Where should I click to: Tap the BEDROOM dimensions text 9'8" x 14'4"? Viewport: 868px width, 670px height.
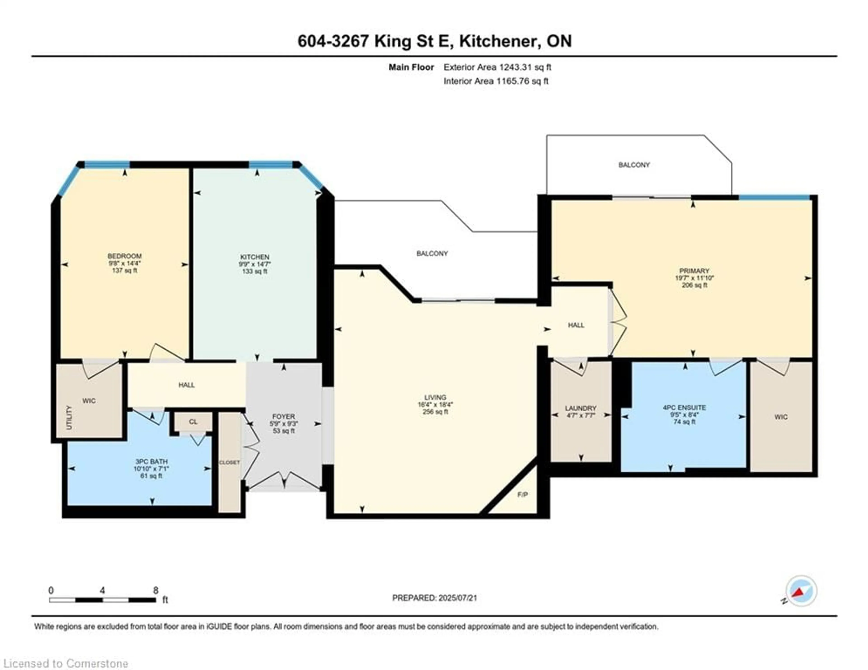(124, 263)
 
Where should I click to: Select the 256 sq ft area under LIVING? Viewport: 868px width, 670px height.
(435, 412)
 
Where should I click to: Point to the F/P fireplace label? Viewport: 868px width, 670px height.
(523, 495)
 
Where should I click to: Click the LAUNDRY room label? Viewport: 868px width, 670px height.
(581, 408)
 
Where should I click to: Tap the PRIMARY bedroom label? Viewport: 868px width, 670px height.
(694, 271)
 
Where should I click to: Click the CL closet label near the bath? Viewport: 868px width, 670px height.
(193, 422)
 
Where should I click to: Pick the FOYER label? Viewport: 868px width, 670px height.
(283, 416)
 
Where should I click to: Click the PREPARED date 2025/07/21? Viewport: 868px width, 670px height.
(457, 598)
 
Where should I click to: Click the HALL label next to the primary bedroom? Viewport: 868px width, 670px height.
(576, 325)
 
